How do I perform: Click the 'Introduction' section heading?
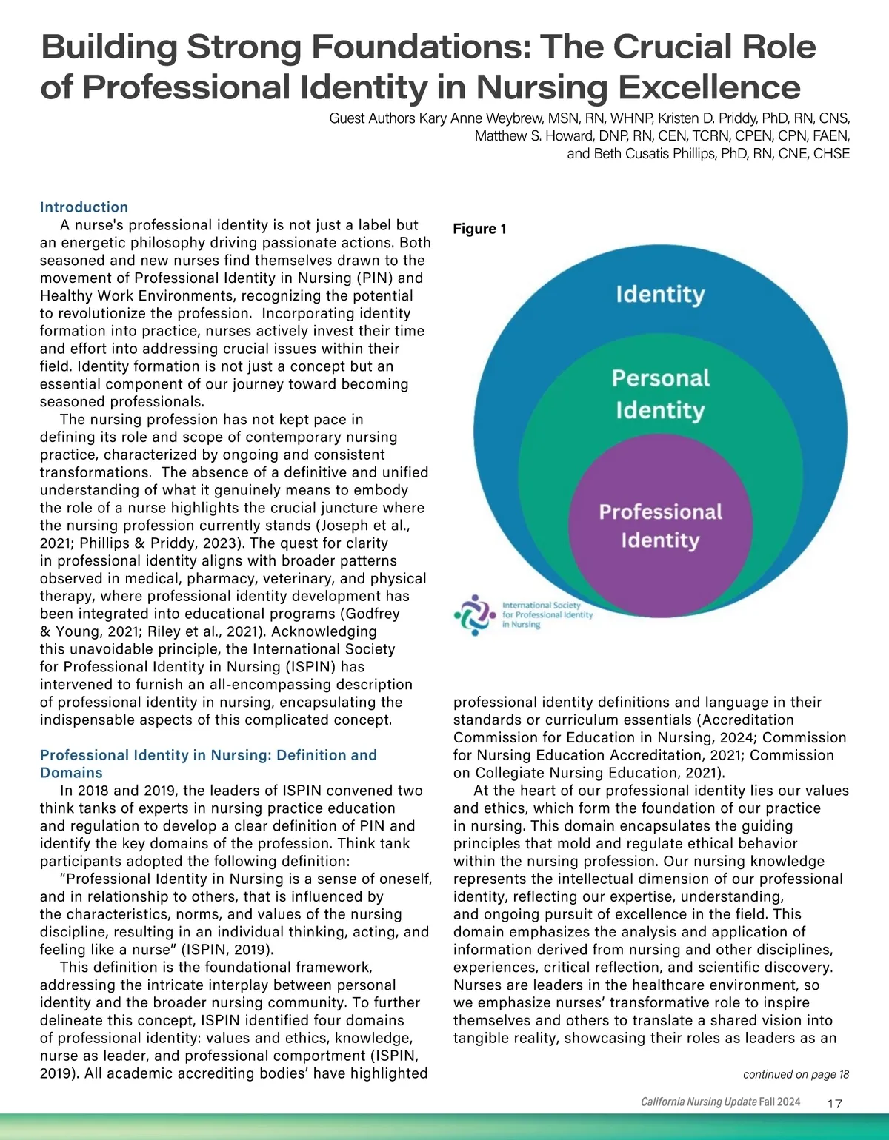(84, 207)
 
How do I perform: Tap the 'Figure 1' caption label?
(479, 229)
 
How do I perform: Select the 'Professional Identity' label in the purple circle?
(660, 526)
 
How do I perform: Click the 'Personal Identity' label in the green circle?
(660, 394)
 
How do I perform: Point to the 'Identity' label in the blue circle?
(660, 295)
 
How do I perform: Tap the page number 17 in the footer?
(834, 1104)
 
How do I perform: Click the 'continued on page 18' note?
(796, 1074)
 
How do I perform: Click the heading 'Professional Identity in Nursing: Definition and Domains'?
(207, 763)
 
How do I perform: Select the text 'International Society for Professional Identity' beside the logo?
(547, 609)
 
